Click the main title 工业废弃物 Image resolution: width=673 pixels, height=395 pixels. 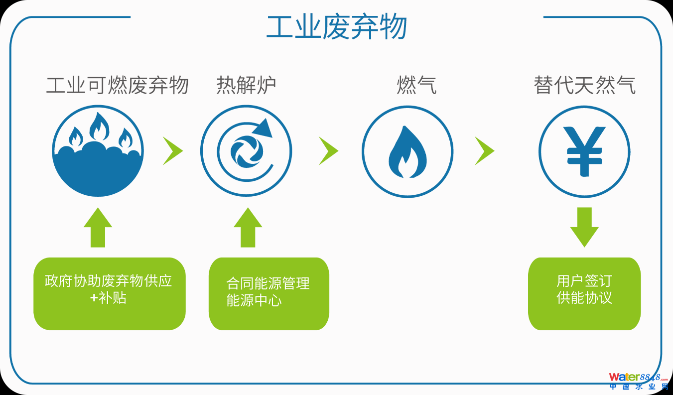coord(337,27)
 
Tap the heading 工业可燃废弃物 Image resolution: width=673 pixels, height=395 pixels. coord(118,85)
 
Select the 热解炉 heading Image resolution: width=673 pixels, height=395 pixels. coord(246,85)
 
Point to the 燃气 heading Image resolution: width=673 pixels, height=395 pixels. coord(416,85)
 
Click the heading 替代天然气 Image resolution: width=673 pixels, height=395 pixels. coord(584,85)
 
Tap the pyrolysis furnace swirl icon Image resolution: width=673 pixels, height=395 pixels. coord(246,151)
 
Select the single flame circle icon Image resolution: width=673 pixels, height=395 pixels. coord(407,151)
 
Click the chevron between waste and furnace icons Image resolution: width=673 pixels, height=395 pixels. coord(172,150)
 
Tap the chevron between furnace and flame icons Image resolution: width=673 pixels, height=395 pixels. coord(328,150)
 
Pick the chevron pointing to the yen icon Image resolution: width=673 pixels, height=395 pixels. coord(484,150)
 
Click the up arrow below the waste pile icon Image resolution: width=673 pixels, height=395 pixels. coord(98,228)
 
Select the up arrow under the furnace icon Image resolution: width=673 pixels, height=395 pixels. coord(248,228)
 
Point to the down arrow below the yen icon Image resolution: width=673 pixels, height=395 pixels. coord(584,227)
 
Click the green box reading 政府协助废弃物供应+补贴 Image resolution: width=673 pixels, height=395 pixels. coord(109,293)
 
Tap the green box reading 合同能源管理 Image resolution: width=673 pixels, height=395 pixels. coord(269,293)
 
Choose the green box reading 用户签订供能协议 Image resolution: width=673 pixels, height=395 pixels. coord(584,293)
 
